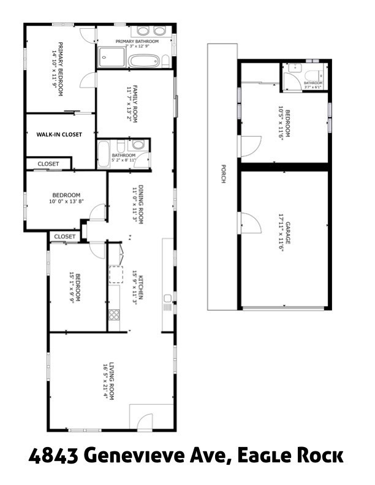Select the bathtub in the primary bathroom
(144, 61)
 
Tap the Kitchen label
(141, 287)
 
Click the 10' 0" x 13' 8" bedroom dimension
(66, 201)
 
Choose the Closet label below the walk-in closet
(48, 164)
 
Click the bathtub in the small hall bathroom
(104, 151)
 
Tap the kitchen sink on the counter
(167, 299)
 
